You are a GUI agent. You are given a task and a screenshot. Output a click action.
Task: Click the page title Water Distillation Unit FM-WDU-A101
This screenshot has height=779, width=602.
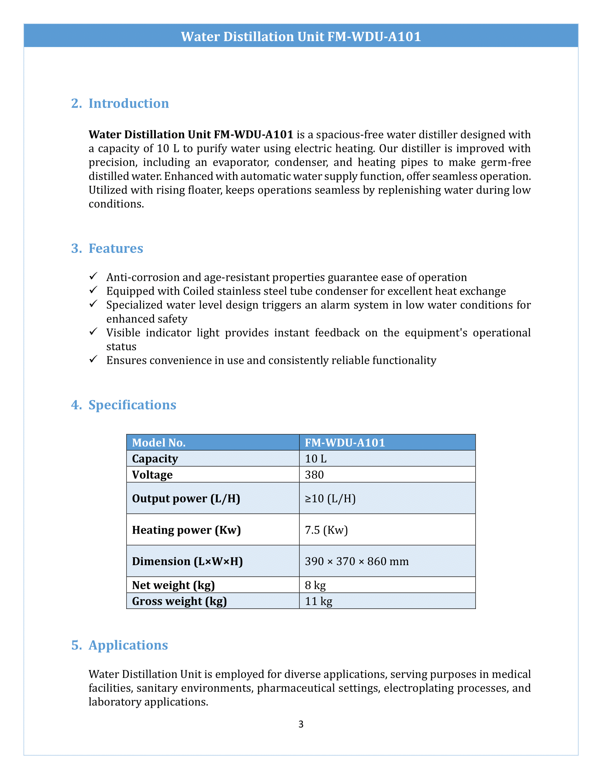(x=301, y=37)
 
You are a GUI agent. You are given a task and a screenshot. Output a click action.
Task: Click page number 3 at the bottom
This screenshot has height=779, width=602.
(x=301, y=724)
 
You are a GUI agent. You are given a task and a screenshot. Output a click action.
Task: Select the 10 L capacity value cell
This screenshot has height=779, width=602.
(x=316, y=459)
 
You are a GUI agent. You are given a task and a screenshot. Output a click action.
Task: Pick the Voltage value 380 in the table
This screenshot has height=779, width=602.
(x=314, y=475)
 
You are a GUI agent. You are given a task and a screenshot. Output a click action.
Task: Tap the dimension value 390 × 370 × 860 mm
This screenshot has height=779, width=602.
(x=357, y=562)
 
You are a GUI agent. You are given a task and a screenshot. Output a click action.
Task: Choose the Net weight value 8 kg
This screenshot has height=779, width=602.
(x=315, y=585)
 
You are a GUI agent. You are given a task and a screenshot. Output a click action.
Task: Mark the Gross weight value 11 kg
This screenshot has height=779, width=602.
(x=318, y=601)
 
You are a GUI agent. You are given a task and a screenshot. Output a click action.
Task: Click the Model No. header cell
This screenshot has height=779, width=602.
(x=159, y=443)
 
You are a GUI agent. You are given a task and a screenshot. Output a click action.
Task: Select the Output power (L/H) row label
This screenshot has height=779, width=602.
(x=186, y=499)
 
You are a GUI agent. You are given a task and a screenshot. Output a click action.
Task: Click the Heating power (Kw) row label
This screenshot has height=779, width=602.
(x=186, y=530)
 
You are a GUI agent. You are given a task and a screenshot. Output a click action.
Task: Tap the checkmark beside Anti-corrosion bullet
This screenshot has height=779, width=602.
(x=93, y=277)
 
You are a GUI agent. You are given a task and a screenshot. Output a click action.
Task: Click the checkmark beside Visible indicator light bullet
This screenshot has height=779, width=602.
(x=93, y=332)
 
